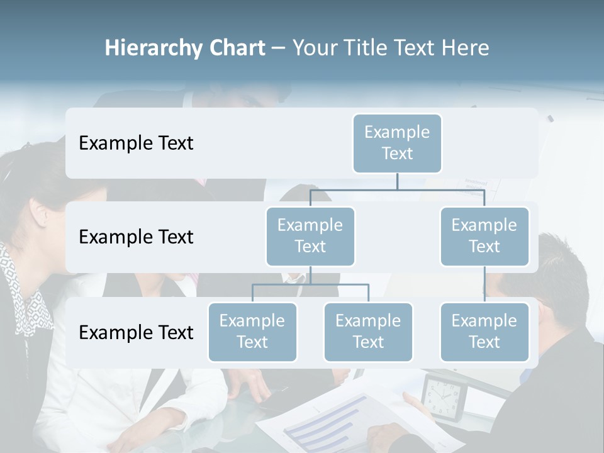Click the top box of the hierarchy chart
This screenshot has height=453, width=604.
pyautogui.click(x=397, y=143)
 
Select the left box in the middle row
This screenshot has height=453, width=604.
pyautogui.click(x=310, y=236)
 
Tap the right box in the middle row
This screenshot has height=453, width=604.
pyautogui.click(x=484, y=236)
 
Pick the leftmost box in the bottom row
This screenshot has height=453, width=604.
pyautogui.click(x=252, y=332)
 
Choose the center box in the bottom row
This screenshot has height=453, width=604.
pyautogui.click(x=368, y=332)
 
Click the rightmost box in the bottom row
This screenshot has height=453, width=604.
pyautogui.click(x=484, y=332)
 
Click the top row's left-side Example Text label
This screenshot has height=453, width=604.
pyautogui.click(x=136, y=143)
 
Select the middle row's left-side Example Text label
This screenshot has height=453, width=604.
pyautogui.click(x=136, y=237)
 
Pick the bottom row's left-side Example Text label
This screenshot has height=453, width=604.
pyautogui.click(x=136, y=333)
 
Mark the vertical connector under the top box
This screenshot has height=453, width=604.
pyautogui.click(x=397, y=181)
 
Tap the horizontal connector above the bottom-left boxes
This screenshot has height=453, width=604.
pyautogui.click(x=310, y=284)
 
